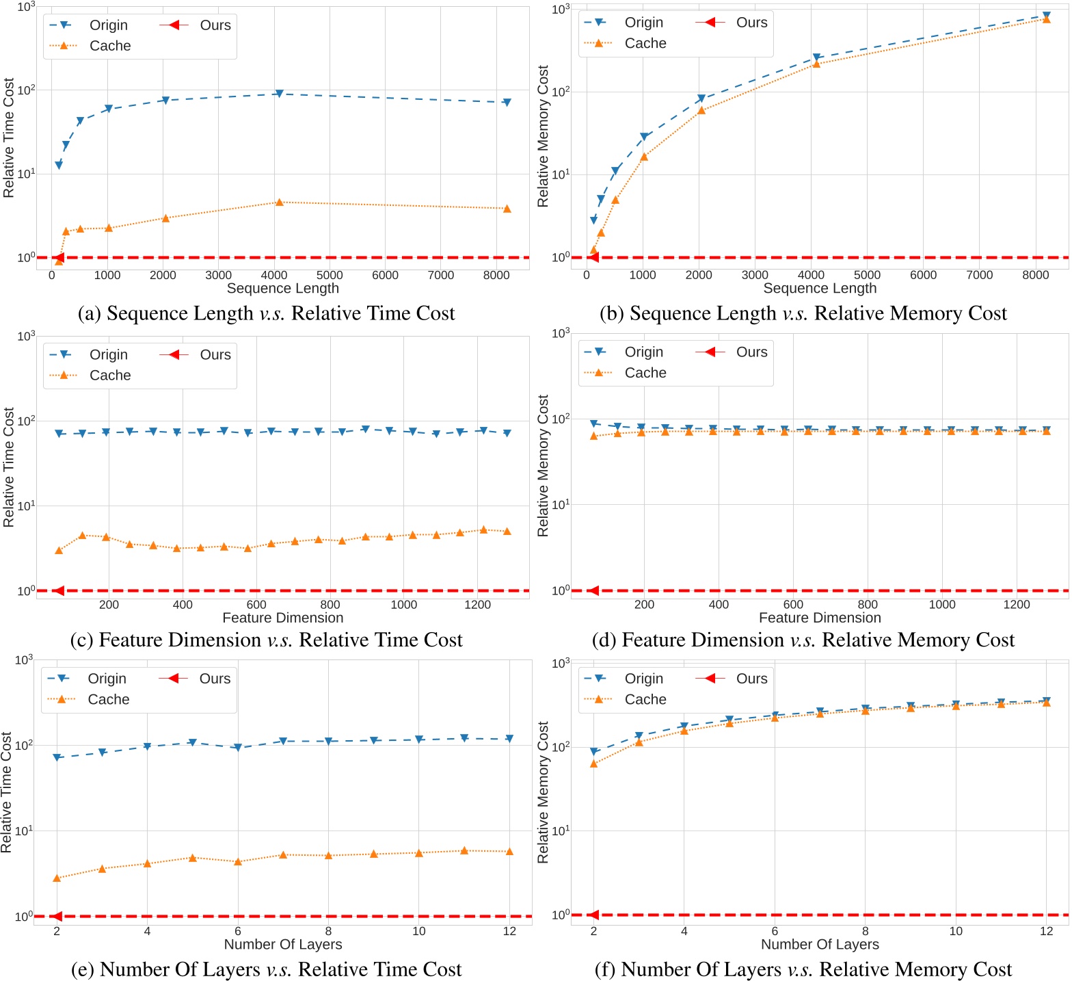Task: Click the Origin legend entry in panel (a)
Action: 108,25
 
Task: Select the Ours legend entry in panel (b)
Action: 751,23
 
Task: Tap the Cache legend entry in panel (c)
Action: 109,376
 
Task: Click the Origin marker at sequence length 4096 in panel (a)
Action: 279,94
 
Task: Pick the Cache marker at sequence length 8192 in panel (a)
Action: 507,209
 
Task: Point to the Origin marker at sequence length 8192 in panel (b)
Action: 1046,15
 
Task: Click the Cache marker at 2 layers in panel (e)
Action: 57,878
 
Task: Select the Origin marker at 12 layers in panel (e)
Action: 509,739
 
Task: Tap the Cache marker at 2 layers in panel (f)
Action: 593,763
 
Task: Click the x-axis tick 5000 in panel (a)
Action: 330,275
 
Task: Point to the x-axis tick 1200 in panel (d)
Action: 1016,605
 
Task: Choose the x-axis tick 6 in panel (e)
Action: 238,931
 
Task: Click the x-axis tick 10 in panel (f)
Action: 956,931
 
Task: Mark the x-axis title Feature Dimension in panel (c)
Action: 283,618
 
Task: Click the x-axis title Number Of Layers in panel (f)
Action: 820,945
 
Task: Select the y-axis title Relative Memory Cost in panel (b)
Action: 544,136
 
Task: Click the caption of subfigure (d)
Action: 803,640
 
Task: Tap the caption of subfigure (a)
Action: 267,313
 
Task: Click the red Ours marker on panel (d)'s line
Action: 593,590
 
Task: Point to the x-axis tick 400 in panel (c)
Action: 183,605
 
